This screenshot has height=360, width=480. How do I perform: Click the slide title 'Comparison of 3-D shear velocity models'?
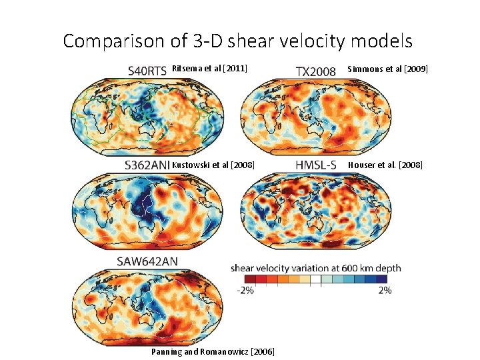238,41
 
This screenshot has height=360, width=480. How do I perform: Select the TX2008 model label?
315,70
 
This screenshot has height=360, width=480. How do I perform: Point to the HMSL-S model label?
319,165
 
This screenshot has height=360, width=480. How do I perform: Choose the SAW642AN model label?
147,261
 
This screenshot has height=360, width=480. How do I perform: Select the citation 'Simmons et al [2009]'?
388,69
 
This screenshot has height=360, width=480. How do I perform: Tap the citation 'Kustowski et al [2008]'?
213,165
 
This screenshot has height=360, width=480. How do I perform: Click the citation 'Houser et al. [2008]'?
386,165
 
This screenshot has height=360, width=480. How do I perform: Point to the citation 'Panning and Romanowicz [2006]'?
213,351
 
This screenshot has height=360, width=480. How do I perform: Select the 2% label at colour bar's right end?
385,290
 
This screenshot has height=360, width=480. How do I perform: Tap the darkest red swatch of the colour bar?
250,279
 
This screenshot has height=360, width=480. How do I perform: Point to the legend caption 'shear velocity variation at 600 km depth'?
316,268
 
